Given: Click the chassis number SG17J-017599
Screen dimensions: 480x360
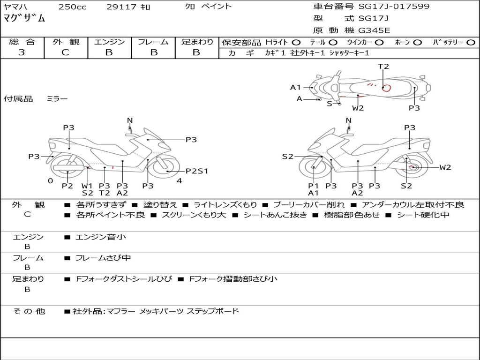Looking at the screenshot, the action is click(394, 7).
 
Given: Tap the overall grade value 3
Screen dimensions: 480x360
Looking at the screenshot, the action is click(22, 52).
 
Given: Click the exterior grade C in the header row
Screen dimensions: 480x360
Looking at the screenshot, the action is click(66, 52).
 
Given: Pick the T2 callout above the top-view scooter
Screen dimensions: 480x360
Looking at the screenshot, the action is click(383, 67).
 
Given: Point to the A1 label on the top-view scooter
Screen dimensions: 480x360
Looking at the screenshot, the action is click(295, 88).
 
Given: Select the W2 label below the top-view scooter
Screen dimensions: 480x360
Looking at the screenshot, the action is click(358, 108).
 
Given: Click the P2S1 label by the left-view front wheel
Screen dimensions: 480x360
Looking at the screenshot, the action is click(197, 171).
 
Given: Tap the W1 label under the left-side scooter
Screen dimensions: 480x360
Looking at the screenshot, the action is click(87, 186).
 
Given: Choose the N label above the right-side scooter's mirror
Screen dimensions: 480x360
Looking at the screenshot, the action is click(348, 120).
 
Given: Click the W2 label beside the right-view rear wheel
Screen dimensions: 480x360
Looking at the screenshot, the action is click(445, 167).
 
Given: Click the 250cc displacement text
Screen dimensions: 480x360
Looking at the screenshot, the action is click(73, 7).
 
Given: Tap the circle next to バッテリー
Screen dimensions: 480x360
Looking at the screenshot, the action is click(471, 43).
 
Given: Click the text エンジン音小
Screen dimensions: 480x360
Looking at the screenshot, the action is click(101, 237).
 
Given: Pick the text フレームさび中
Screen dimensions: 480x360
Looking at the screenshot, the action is click(103, 258).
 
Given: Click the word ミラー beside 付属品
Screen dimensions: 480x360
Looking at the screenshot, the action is click(57, 99).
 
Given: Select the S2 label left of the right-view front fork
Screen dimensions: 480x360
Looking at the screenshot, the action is click(288, 157).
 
